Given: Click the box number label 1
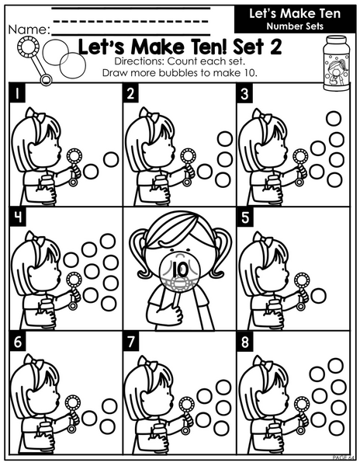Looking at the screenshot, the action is click(17, 94).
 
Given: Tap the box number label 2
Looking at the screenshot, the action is click(130, 94).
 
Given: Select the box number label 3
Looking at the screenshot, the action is click(244, 94).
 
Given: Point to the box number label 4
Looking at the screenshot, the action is click(17, 217).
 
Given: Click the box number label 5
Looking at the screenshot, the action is click(244, 217).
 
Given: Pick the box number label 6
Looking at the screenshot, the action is click(17, 342).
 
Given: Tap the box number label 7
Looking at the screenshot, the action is click(130, 342).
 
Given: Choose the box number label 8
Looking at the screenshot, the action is click(244, 342).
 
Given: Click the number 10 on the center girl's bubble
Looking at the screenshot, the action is click(179, 270).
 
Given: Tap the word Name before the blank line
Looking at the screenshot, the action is click(29, 30).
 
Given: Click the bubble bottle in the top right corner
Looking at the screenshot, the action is click(336, 63).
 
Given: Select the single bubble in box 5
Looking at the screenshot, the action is click(318, 296).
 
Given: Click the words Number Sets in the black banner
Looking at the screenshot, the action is click(295, 26).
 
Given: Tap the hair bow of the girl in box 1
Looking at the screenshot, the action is click(35, 115).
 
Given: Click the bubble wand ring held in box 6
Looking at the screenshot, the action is click(72, 403).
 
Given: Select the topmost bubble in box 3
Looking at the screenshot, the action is click(334, 118).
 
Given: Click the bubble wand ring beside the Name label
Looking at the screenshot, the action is click(28, 47).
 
